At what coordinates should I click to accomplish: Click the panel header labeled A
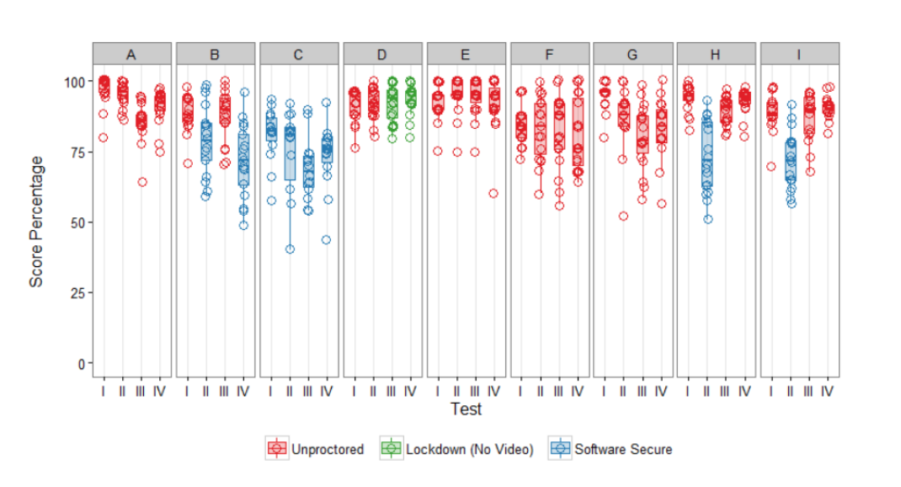pyautogui.click(x=131, y=54)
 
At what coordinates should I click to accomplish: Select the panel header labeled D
pyautogui.click(x=382, y=54)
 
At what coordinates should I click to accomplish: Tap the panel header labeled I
pyautogui.click(x=799, y=54)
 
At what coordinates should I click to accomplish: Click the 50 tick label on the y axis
pyautogui.click(x=78, y=223)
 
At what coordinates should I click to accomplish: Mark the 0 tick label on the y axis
pyautogui.click(x=82, y=364)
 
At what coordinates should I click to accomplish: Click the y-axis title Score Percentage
pyautogui.click(x=36, y=222)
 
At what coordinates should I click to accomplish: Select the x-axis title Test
pyautogui.click(x=466, y=409)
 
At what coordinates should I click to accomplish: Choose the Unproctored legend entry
pyautogui.click(x=315, y=448)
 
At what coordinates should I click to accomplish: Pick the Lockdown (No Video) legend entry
pyautogui.click(x=457, y=448)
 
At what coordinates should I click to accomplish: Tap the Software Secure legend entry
pyautogui.click(x=610, y=448)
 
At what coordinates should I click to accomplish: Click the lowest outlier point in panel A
pyautogui.click(x=142, y=182)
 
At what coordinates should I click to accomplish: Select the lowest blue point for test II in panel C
pyautogui.click(x=291, y=249)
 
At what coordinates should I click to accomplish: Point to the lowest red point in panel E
pyautogui.click(x=493, y=193)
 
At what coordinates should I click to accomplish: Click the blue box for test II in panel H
pyautogui.click(x=707, y=153)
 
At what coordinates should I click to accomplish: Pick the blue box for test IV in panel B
pyautogui.click(x=243, y=159)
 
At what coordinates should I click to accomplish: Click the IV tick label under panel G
pyautogui.click(x=661, y=392)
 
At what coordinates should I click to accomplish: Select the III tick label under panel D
pyautogui.click(x=392, y=392)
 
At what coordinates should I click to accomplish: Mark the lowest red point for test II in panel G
pyautogui.click(x=623, y=217)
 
